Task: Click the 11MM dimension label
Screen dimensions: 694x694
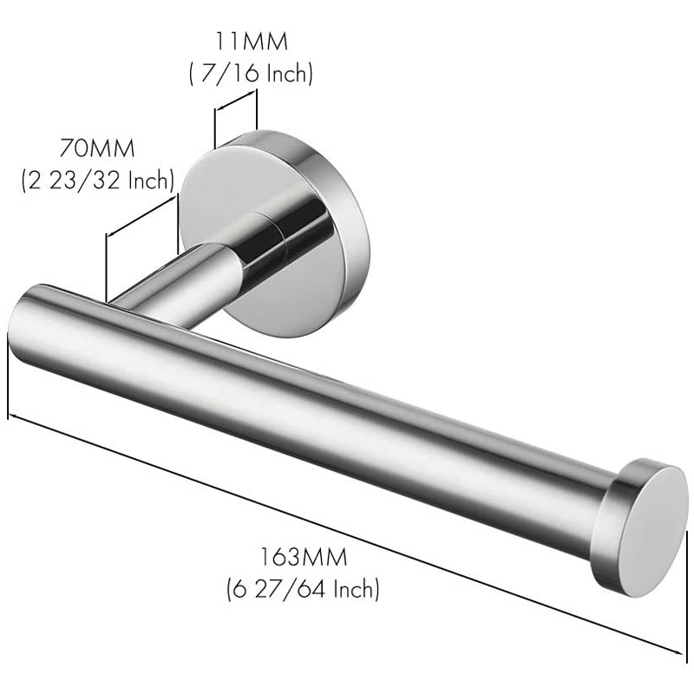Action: coord(251,40)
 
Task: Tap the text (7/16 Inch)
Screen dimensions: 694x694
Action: coord(251,74)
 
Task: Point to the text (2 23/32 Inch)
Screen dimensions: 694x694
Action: coord(98,180)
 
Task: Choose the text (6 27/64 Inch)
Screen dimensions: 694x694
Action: coord(303,590)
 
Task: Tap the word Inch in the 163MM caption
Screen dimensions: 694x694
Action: coord(352,590)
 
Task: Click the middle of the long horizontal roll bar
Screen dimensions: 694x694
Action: coord(312,408)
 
